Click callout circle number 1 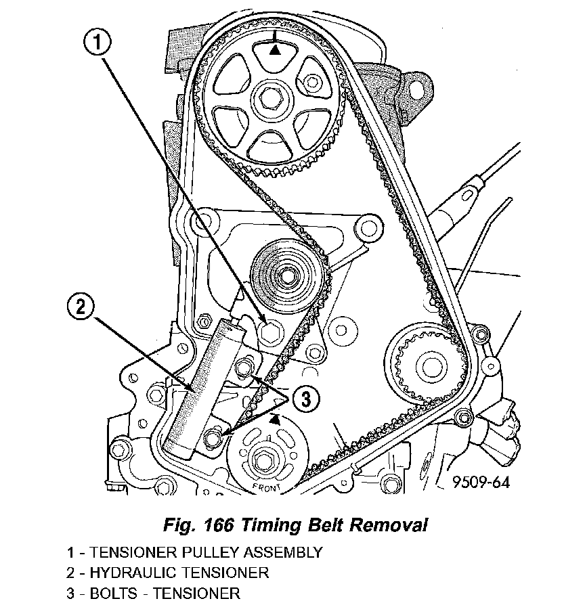point(97,43)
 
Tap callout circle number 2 point(81,307)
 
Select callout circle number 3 point(306,400)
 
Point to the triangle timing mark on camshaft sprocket point(274,50)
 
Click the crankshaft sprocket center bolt point(263,461)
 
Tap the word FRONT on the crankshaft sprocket point(266,488)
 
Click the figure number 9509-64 point(481,482)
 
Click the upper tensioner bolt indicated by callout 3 point(242,368)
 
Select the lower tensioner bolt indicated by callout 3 point(213,437)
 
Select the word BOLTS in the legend point(114,593)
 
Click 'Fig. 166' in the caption point(198,525)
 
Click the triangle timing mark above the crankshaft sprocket point(274,420)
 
